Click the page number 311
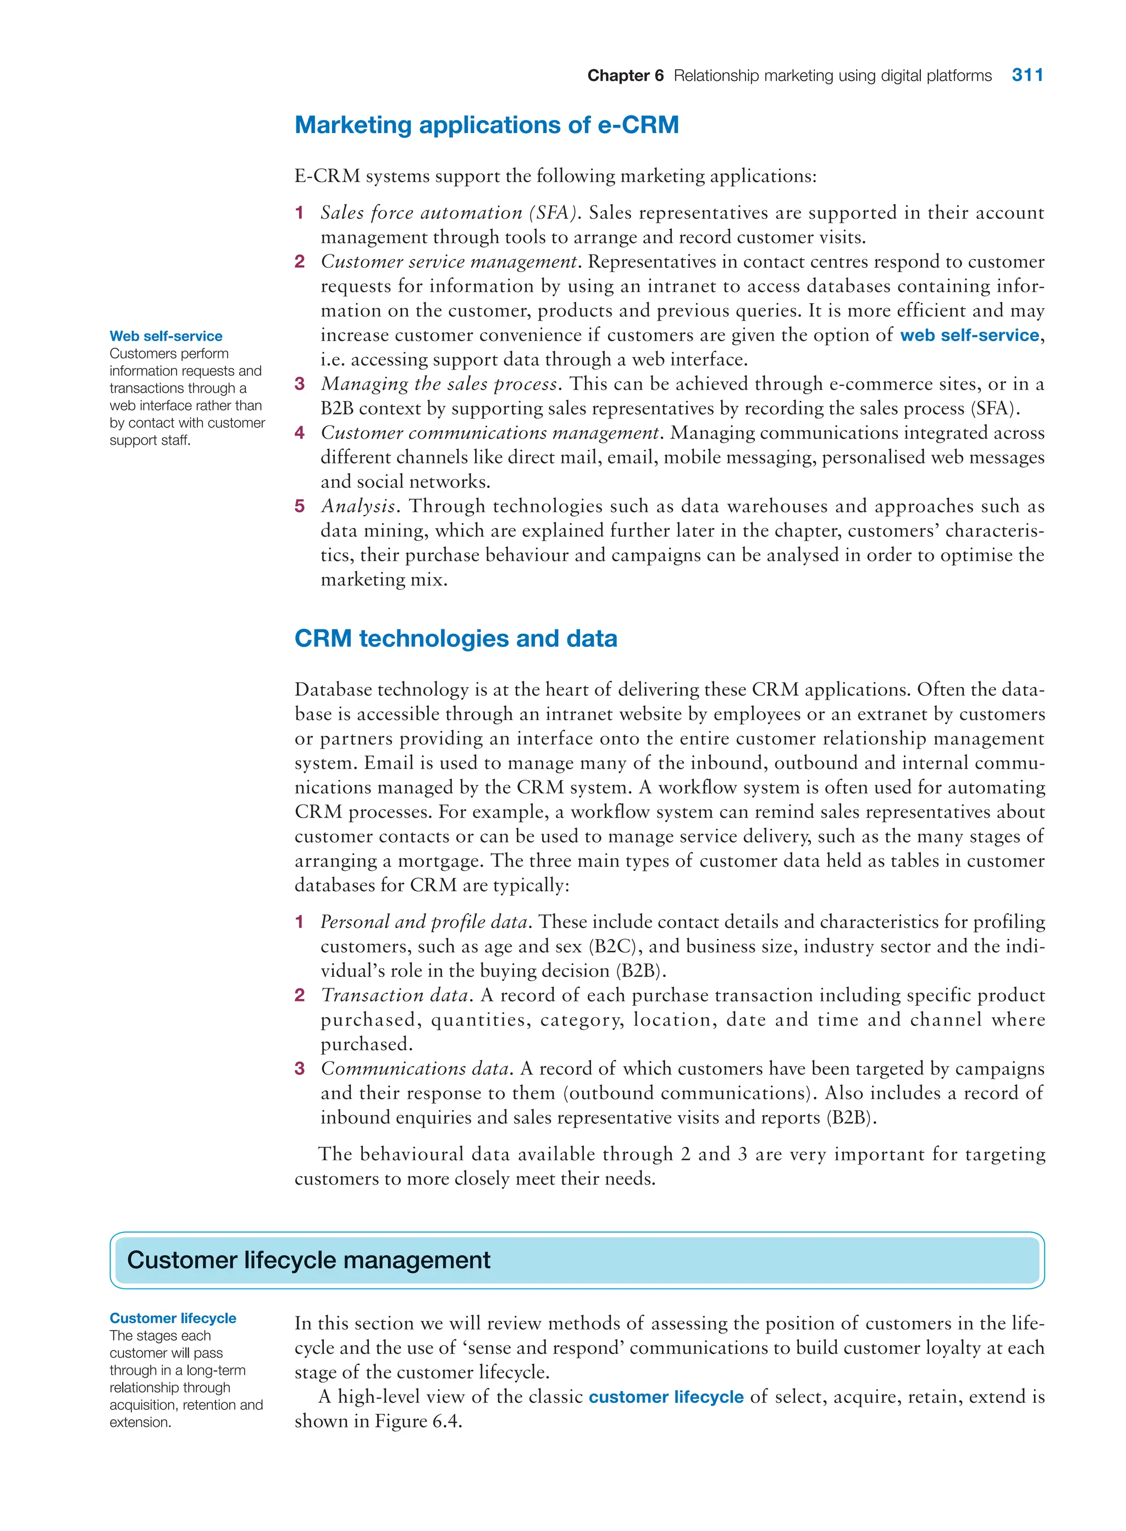(1027, 75)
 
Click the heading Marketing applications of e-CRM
(487, 125)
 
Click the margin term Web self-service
(165, 336)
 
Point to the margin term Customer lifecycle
(173, 1318)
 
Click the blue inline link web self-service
(969, 335)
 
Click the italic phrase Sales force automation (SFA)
(450, 213)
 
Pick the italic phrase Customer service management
(450, 262)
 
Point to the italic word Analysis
(358, 506)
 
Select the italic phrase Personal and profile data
(424, 922)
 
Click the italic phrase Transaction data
(395, 996)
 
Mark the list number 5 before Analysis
(299, 506)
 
